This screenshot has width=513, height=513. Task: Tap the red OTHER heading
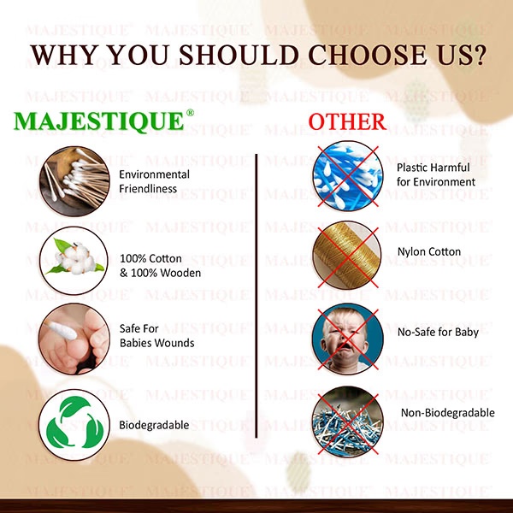click(347, 121)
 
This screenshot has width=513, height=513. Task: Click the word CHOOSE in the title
click(368, 55)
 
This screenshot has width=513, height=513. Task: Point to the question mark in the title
click(477, 55)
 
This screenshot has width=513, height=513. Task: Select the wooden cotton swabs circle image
click(74, 181)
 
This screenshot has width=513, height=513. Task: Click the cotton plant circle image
click(74, 261)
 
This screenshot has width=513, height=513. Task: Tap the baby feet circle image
click(74, 339)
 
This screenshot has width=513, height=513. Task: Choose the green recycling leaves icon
click(74, 423)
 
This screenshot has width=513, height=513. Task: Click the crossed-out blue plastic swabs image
click(348, 176)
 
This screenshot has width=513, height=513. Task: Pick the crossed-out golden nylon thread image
click(347, 256)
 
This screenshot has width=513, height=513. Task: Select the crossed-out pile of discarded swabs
click(348, 422)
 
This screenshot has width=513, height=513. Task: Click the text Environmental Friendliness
click(154, 181)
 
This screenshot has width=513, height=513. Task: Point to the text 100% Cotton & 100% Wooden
click(161, 266)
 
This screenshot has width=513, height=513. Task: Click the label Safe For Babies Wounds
click(156, 336)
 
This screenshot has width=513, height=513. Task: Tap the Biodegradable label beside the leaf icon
click(154, 425)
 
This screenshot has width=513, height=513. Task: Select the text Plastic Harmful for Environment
click(436, 174)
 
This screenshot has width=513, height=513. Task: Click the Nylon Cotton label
click(429, 251)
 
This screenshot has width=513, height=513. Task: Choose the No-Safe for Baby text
click(438, 332)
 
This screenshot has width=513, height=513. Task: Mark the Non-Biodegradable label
click(447, 413)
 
